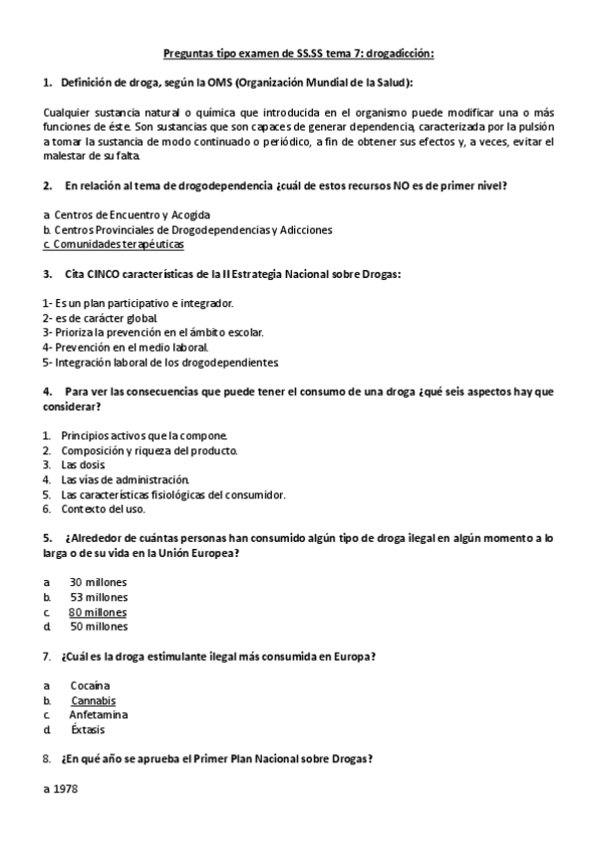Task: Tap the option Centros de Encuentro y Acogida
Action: click(x=132, y=214)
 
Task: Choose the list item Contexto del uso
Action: click(x=103, y=508)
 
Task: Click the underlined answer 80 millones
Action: click(x=98, y=612)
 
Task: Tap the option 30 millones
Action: click(x=99, y=582)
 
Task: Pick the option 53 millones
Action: click(x=99, y=597)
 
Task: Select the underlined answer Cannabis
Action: click(x=93, y=701)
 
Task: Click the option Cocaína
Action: click(x=90, y=686)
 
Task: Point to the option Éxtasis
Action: click(x=88, y=729)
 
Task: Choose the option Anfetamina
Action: click(x=99, y=714)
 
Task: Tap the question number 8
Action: click(x=48, y=759)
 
